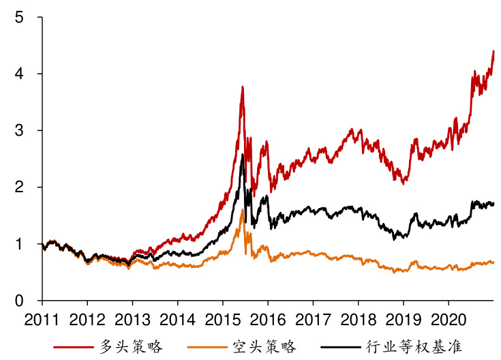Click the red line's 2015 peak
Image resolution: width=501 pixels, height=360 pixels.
tap(242, 87)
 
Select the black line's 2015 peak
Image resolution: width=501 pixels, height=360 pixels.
tap(242, 155)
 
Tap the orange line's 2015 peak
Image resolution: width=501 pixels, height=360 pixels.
tap(242, 210)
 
